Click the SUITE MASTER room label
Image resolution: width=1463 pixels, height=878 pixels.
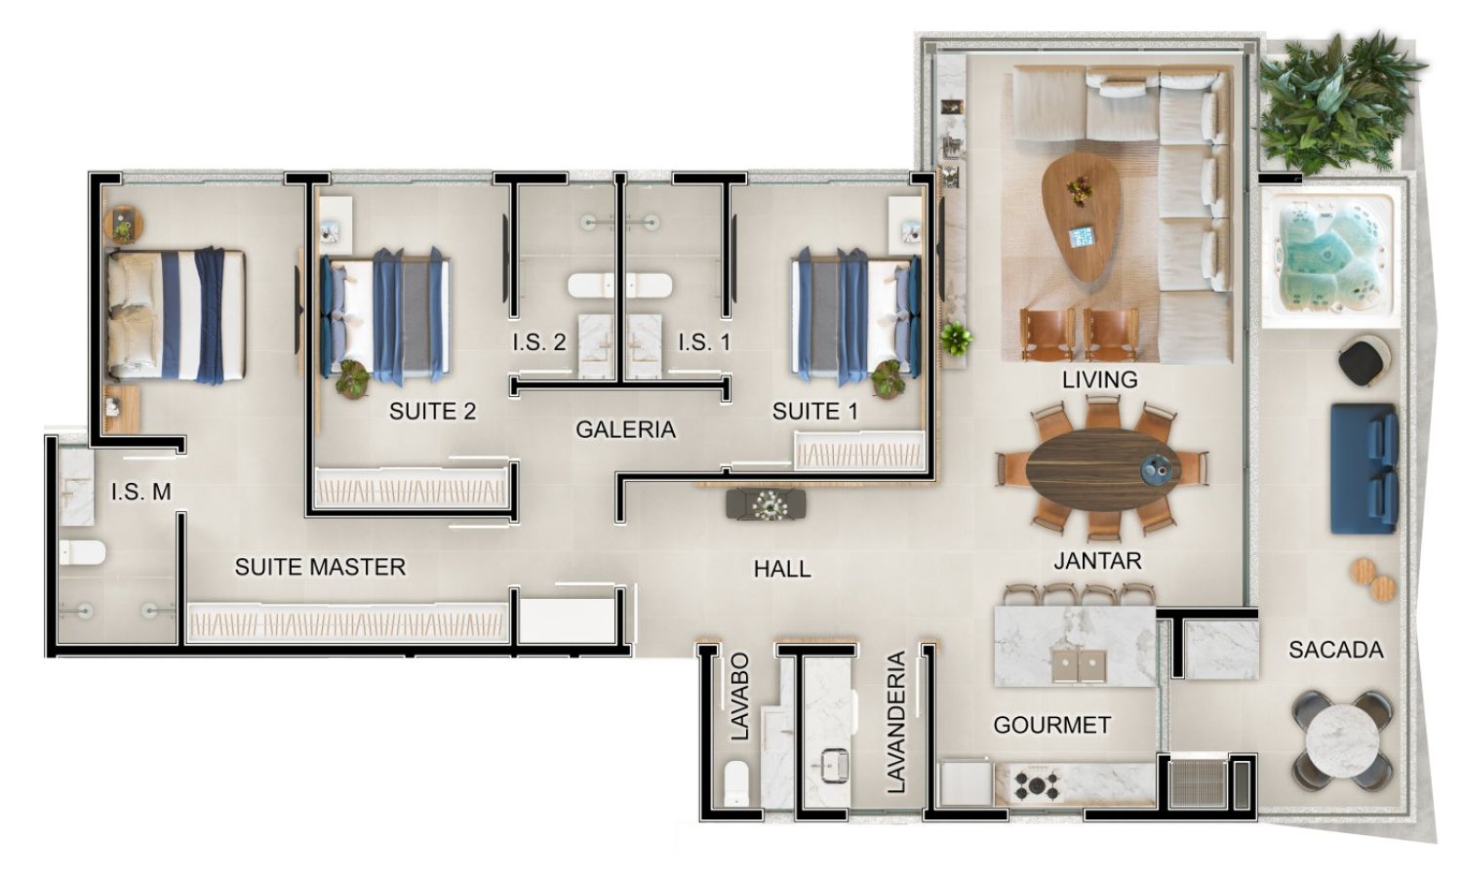click(320, 567)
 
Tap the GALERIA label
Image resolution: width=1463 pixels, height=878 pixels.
click(626, 429)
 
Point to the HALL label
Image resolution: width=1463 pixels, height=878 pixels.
click(782, 569)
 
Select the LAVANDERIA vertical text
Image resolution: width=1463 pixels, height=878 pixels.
click(896, 722)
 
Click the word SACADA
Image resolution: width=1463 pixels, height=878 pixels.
click(1335, 650)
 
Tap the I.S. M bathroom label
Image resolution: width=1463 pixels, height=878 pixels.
click(141, 492)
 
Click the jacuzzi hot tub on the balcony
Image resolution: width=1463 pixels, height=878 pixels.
click(1330, 258)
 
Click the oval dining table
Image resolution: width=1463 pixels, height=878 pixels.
click(1102, 469)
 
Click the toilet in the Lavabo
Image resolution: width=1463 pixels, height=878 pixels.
click(736, 782)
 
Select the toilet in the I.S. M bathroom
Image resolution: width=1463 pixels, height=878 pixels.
click(82, 553)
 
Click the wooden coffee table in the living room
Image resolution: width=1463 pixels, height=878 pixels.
click(1082, 217)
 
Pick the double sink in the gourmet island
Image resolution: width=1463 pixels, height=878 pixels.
click(1079, 665)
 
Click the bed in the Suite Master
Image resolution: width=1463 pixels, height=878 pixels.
click(177, 314)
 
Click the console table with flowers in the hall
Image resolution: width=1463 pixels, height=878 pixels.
click(766, 504)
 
